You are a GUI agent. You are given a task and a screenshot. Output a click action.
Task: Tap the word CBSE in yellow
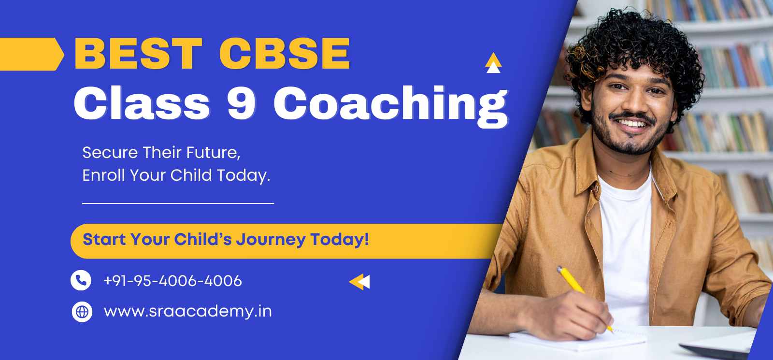[285, 54]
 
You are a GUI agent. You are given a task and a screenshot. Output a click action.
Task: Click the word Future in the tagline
[213, 153]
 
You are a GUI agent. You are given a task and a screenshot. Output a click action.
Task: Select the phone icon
[81, 280]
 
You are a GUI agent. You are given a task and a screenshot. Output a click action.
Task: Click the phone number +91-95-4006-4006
[172, 281]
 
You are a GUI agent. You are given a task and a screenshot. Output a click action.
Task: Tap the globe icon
[82, 312]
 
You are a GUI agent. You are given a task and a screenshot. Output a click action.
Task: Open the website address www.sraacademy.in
[187, 312]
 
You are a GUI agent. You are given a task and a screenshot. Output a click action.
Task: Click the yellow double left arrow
[359, 282]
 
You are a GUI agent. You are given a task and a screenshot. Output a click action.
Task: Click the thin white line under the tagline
[178, 203]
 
